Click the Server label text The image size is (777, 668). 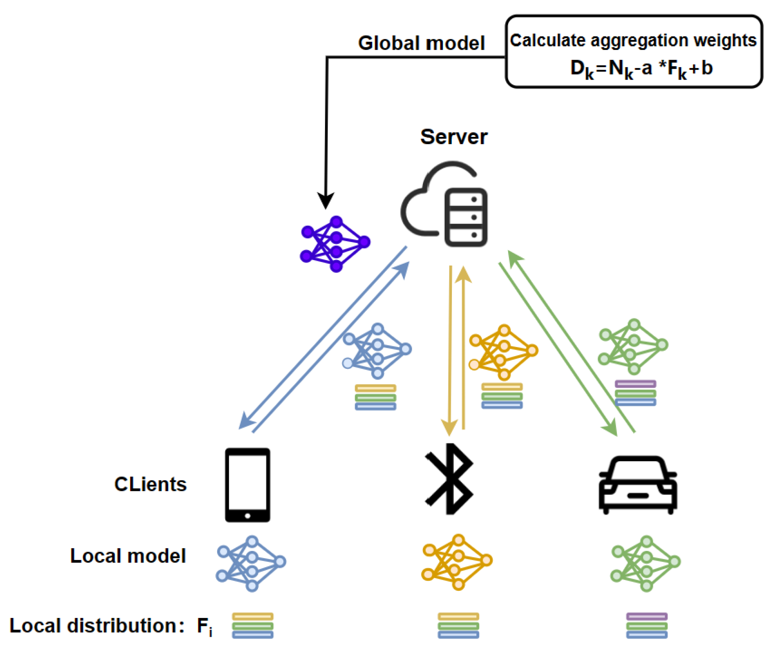pos(453,137)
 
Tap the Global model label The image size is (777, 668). pos(421,43)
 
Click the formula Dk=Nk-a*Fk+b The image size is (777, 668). pos(641,68)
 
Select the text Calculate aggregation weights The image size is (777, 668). pos(633,41)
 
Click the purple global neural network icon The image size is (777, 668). pos(335,244)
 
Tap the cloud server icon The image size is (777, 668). pos(445,204)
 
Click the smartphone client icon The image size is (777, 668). pos(248,485)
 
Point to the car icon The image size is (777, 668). pos(637,485)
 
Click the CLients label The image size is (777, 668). pos(150,484)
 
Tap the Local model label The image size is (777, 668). pos(128,556)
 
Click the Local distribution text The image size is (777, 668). pos(97,625)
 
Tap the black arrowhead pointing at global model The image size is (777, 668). pos(325,201)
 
